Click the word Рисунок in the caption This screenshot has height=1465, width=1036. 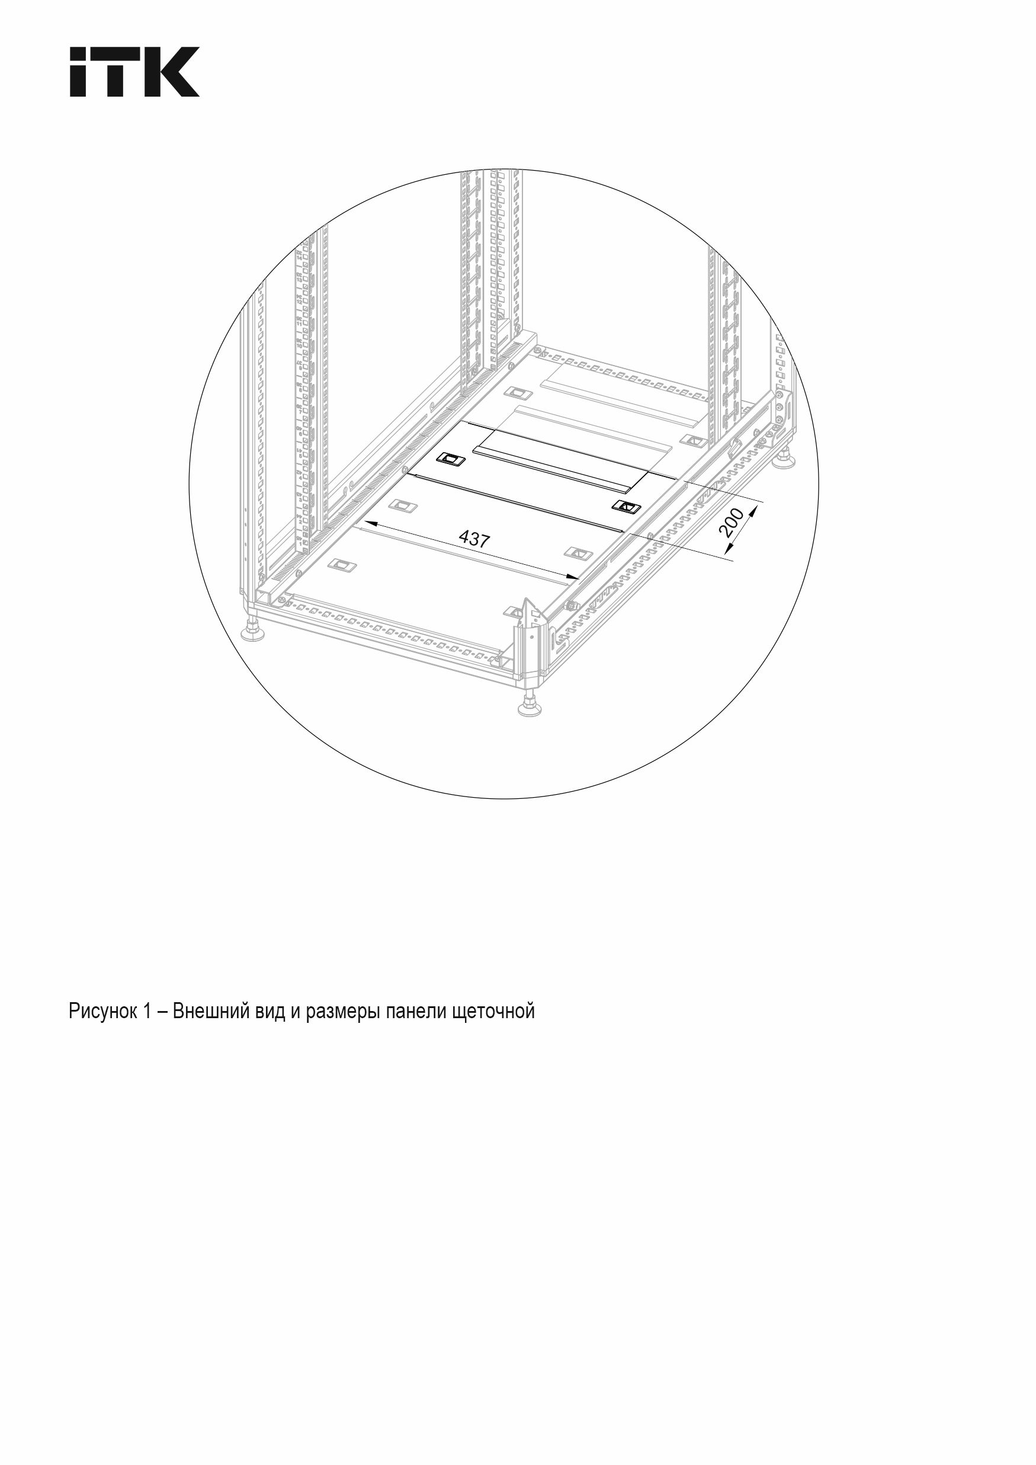coord(101,1012)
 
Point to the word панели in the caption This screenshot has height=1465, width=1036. coord(415,1012)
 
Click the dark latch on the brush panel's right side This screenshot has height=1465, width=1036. coord(624,507)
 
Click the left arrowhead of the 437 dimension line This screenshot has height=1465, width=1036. coord(366,523)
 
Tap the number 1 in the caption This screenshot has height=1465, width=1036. coord(146,1012)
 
